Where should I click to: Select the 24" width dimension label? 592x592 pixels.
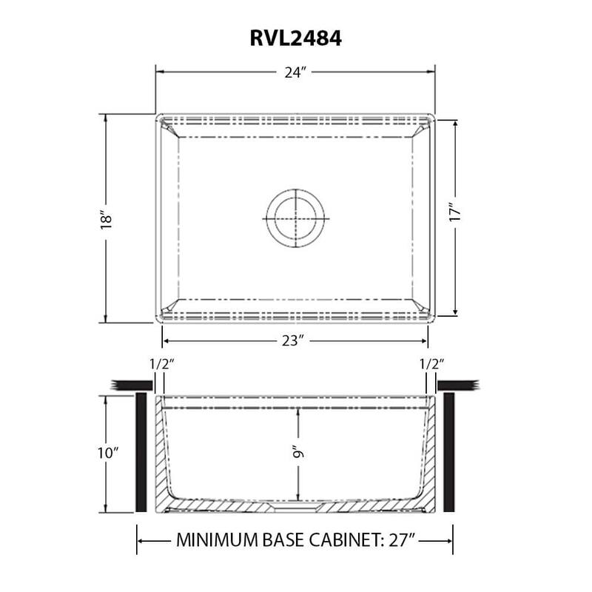click(x=295, y=73)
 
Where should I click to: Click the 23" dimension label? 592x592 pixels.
click(x=294, y=341)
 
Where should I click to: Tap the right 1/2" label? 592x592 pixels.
click(x=431, y=364)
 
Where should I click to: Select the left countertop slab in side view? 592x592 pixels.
click(x=129, y=385)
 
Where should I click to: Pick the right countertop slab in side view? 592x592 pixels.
click(x=459, y=385)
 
